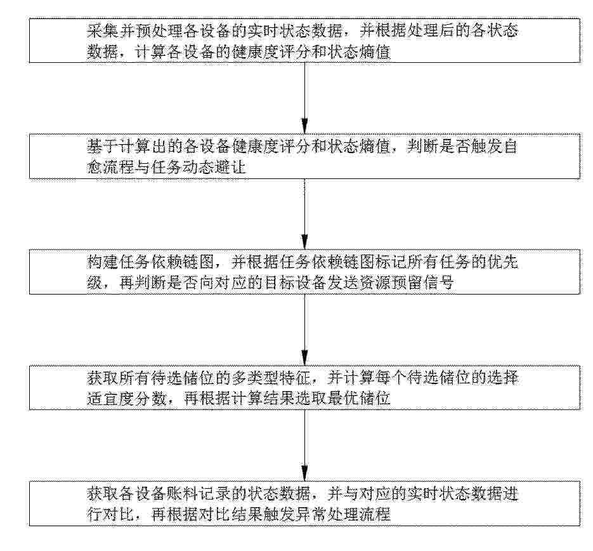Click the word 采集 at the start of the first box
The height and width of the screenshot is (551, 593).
click(103, 30)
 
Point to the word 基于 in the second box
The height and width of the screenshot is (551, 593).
click(103, 147)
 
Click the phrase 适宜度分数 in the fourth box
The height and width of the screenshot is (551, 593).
click(127, 399)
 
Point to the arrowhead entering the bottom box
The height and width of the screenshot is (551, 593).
click(304, 474)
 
